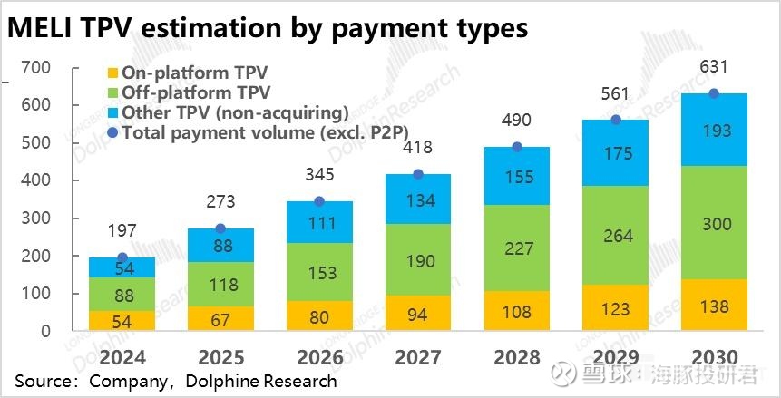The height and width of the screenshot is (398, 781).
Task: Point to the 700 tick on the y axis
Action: pos(36,68)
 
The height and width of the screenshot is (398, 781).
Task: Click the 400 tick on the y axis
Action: pos(36,181)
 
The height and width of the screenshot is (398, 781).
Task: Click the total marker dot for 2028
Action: pos(516,147)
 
